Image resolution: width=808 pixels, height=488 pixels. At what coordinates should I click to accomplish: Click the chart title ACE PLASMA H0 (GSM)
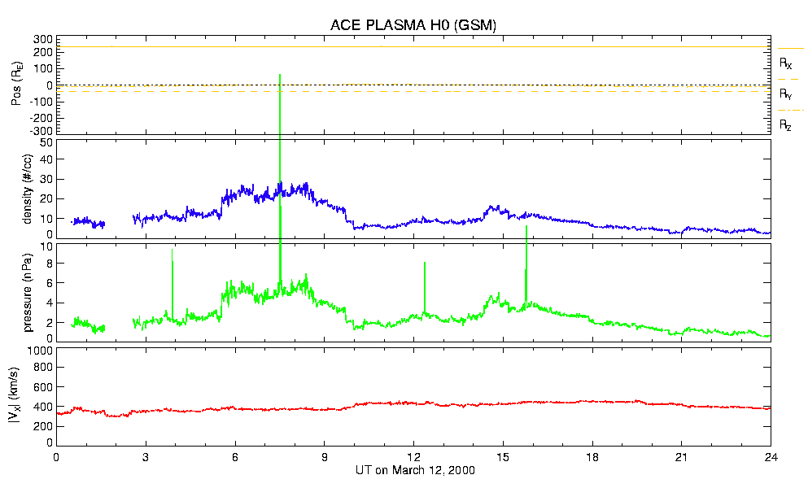click(x=413, y=25)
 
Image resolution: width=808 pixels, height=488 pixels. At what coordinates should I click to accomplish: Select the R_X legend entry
click(x=786, y=63)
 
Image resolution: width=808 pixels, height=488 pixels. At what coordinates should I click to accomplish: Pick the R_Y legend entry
click(x=786, y=94)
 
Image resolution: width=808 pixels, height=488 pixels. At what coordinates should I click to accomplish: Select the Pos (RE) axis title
click(x=15, y=85)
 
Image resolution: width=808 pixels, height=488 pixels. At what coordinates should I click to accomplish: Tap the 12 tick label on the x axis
click(x=414, y=457)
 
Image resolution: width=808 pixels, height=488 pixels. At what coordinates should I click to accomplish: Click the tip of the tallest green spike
click(x=280, y=75)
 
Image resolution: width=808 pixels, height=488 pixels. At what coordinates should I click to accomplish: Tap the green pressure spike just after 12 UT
click(x=425, y=263)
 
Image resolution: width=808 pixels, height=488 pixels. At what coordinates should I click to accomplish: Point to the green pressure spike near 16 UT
click(x=526, y=227)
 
